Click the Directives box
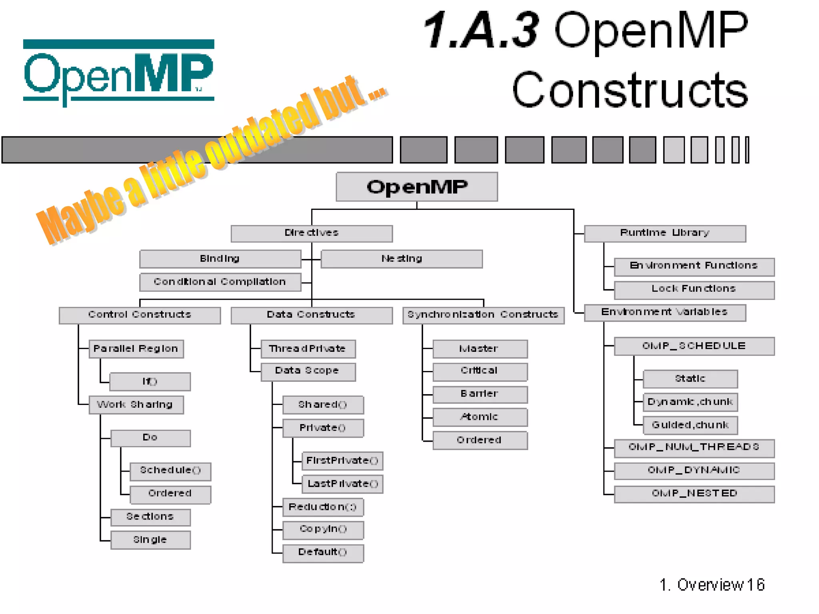click(x=312, y=233)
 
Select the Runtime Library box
click(x=665, y=233)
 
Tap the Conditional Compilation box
click(x=220, y=282)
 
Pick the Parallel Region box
click(x=136, y=349)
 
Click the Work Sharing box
click(x=136, y=405)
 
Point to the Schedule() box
click(x=170, y=471)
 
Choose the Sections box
click(x=150, y=517)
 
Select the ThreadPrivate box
click(x=308, y=349)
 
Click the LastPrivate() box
click(x=342, y=484)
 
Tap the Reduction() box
click(x=323, y=507)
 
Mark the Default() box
click(x=323, y=553)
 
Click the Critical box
click(x=479, y=371)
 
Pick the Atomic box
click(x=479, y=417)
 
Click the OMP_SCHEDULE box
click(x=694, y=346)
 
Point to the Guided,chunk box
click(x=690, y=425)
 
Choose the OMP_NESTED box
click(x=694, y=494)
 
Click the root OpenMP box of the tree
click(x=417, y=187)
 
